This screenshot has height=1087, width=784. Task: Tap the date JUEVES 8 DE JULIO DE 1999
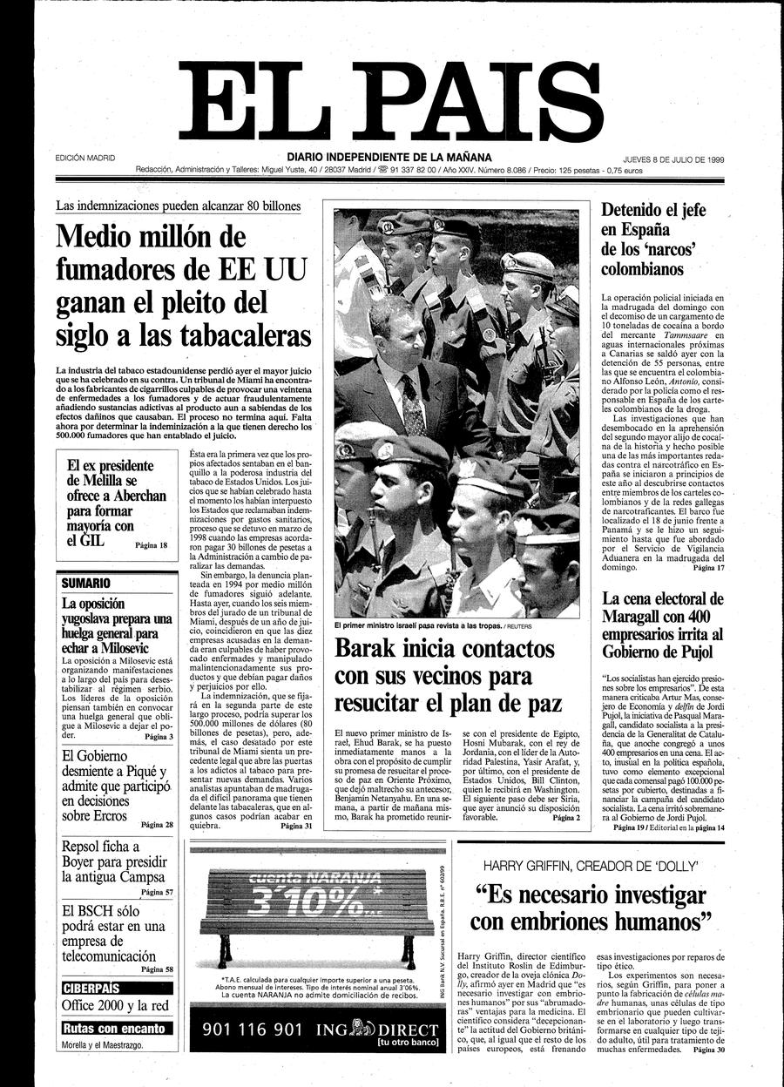pyautogui.click(x=674, y=159)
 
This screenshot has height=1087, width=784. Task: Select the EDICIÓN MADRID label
pyautogui.click(x=84, y=159)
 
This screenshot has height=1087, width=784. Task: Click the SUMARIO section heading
pyautogui.click(x=85, y=582)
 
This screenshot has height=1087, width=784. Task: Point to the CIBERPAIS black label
pyautogui.click(x=91, y=988)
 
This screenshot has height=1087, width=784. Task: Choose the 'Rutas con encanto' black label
pyautogui.click(x=114, y=1028)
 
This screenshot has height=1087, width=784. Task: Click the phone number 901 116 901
pyautogui.click(x=252, y=1029)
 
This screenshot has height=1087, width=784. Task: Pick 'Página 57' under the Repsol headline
pyautogui.click(x=157, y=892)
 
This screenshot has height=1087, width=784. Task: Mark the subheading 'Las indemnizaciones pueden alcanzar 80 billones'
pyautogui.click(x=178, y=206)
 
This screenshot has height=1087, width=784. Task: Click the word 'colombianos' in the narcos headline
pyautogui.click(x=642, y=269)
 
